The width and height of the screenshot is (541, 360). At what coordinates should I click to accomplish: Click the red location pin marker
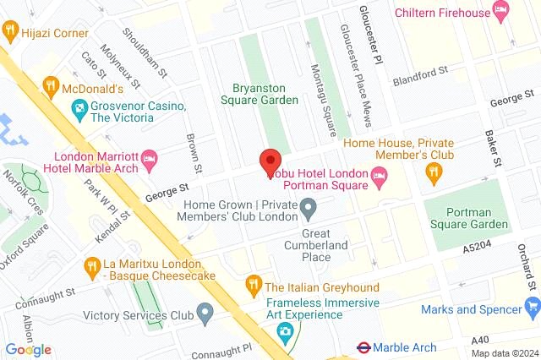[270, 161]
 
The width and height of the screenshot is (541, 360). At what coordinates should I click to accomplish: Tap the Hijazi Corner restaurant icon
[11, 32]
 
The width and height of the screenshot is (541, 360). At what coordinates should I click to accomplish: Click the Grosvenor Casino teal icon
[79, 106]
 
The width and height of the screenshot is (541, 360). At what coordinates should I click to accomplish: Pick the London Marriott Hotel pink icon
[150, 158]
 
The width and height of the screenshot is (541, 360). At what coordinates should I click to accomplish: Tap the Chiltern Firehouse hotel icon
[500, 11]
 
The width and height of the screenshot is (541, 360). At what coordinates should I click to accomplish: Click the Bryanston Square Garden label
[265, 93]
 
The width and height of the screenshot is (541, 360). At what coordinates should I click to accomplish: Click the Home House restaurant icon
[434, 172]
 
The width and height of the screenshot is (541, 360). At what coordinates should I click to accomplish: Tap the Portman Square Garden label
[467, 217]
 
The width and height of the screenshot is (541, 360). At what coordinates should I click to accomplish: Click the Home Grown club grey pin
[309, 206]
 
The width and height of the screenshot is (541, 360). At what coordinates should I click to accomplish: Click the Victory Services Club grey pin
[204, 315]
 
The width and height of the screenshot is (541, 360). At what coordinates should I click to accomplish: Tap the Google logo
[29, 349]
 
